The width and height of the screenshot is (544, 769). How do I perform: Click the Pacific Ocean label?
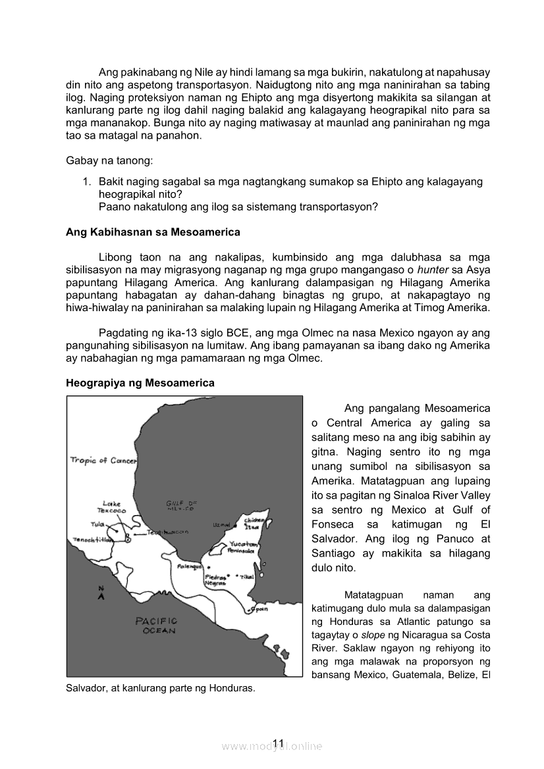tap(156, 625)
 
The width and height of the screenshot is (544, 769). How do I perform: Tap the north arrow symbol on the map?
tap(101, 594)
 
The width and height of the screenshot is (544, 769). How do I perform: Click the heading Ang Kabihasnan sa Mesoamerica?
tap(153, 232)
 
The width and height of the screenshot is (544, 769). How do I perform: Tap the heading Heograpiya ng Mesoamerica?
tap(140, 383)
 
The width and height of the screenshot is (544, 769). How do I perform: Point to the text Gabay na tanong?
tap(106, 161)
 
